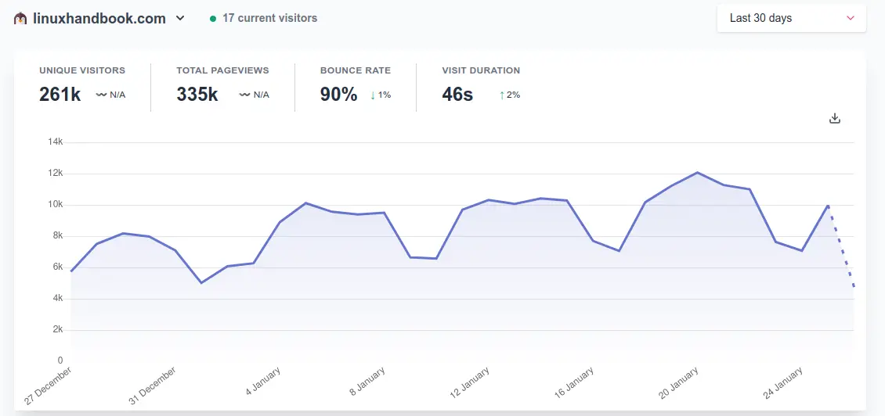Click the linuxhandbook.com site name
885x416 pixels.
point(99,18)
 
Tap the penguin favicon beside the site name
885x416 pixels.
point(20,18)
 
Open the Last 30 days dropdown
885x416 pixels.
point(791,18)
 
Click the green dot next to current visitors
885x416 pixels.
point(213,18)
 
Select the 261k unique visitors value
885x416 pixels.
point(60,95)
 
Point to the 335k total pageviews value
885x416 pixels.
point(197,95)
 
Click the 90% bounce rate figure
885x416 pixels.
point(338,95)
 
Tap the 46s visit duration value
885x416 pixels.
point(457,95)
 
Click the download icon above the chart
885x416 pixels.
point(835,118)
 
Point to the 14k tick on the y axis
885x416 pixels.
point(55,142)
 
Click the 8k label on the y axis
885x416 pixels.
point(57,236)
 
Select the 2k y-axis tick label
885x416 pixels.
point(57,330)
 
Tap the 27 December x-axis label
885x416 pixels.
point(49,384)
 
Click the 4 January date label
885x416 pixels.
point(263,380)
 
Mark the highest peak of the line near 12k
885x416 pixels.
point(697,172)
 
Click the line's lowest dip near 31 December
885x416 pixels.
point(201,282)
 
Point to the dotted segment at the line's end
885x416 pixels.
point(842,247)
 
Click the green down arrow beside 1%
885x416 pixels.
point(373,95)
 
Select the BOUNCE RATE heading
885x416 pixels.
point(356,70)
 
